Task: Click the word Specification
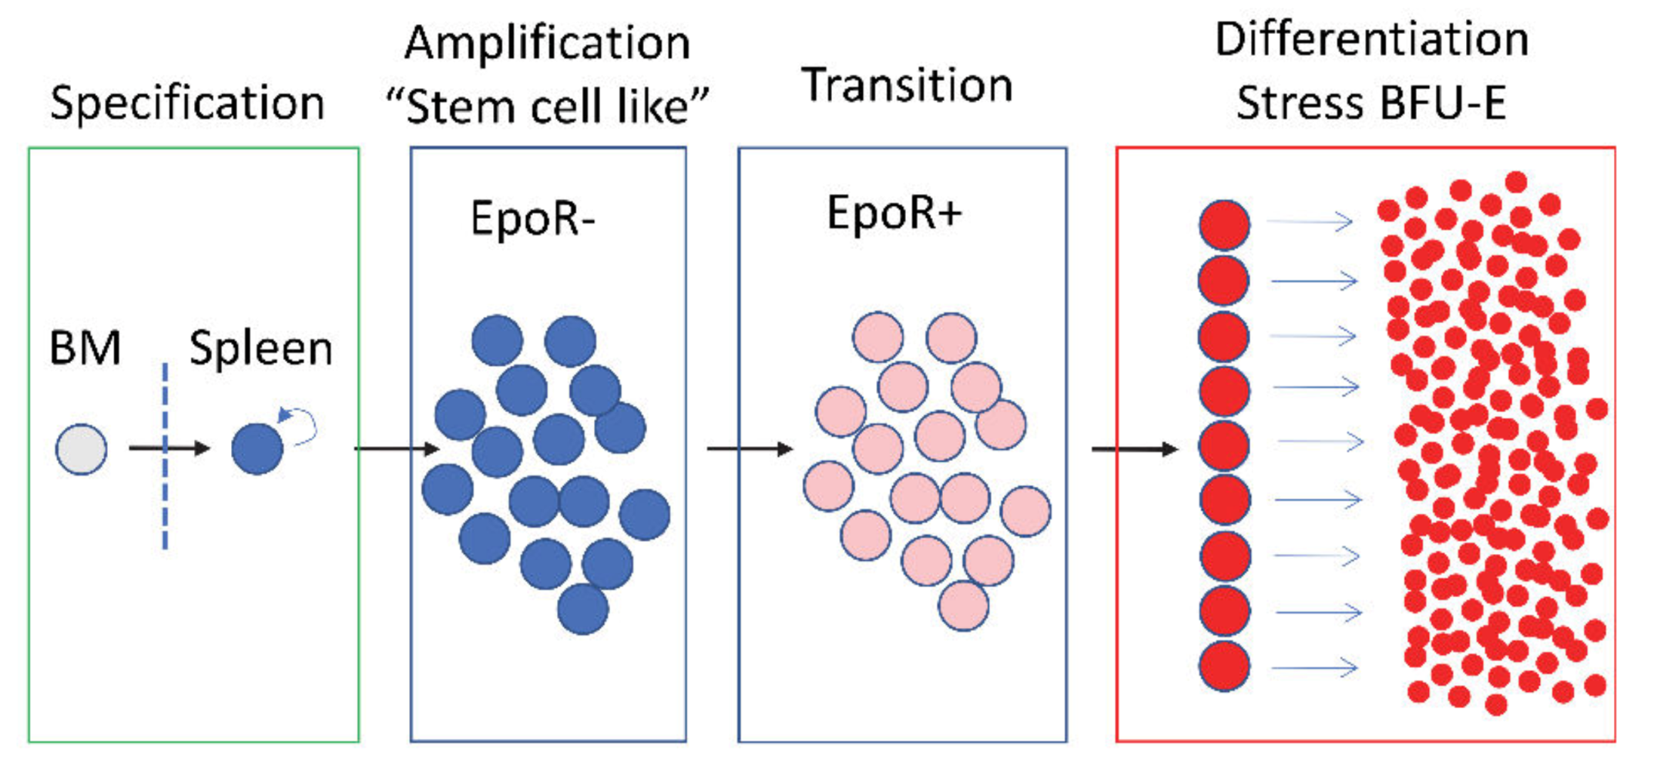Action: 187,103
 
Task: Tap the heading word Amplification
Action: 547,42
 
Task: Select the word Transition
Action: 907,85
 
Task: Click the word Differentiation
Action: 1371,39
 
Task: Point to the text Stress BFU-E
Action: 1371,103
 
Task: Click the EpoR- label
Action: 532,218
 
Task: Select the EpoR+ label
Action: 894,213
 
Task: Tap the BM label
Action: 85,348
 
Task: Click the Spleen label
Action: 261,348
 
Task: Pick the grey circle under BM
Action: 81,449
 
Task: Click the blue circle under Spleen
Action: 257,449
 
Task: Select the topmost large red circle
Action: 1224,225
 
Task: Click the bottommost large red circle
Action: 1224,666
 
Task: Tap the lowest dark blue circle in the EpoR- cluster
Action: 582,609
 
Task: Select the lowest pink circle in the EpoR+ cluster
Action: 963,606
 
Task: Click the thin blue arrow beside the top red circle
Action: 1310,222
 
